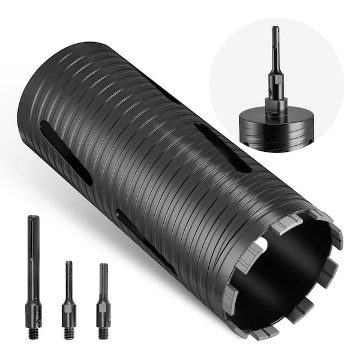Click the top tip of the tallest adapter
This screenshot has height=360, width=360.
(x=34, y=218)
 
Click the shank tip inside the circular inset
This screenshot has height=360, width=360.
(x=275, y=30)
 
